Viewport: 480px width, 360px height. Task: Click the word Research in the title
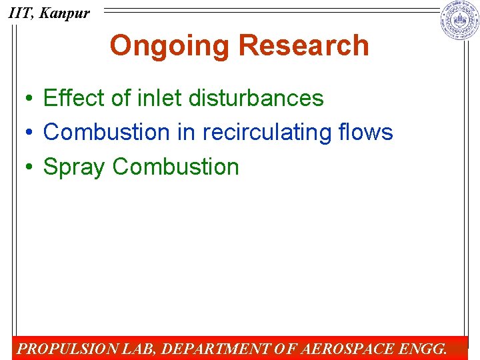pyautogui.click(x=303, y=46)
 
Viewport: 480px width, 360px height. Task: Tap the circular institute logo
pyautogui.click(x=459, y=21)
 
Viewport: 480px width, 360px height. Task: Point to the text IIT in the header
pyautogui.click(x=19, y=13)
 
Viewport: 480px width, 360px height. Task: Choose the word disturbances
pyautogui.click(x=256, y=98)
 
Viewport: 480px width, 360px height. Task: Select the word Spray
pyautogui.click(x=74, y=167)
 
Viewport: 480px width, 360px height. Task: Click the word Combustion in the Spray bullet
pyautogui.click(x=176, y=167)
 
